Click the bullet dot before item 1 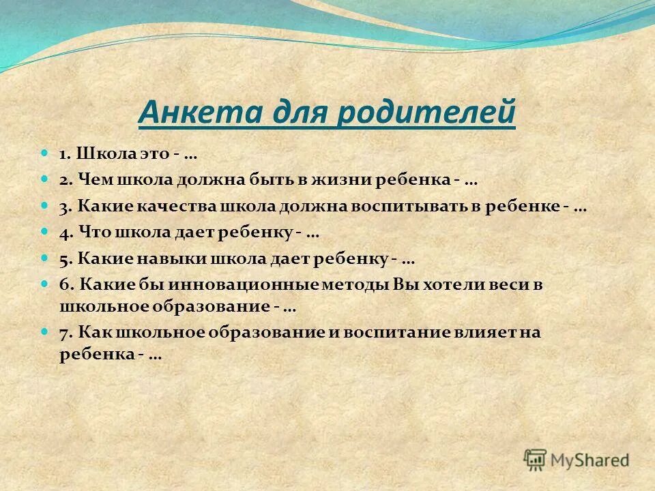point(45,155)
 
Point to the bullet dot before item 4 point(45,232)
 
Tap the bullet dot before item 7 point(45,331)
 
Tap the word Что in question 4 point(89,233)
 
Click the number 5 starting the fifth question point(63,259)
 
